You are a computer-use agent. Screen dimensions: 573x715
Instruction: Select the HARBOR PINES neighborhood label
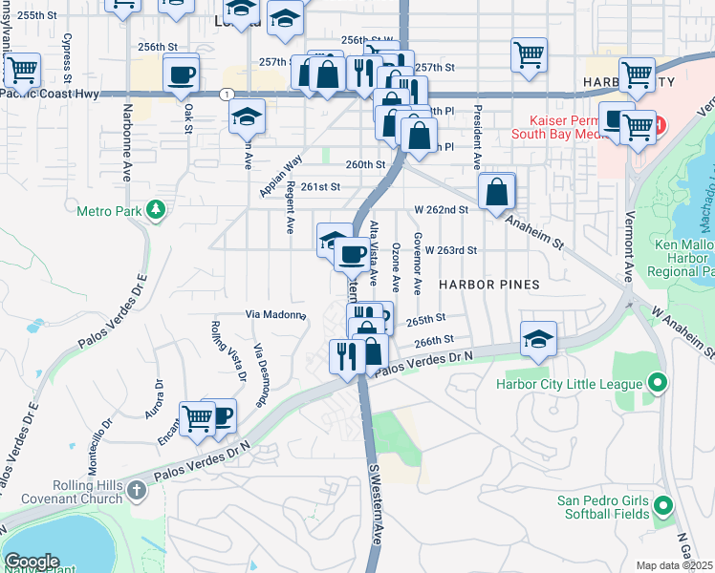click(489, 285)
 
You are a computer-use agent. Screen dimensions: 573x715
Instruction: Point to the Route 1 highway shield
click(226, 94)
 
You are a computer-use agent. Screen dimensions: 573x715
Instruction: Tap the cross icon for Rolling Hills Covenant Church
click(137, 491)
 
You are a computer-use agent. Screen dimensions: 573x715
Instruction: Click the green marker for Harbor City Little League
click(657, 384)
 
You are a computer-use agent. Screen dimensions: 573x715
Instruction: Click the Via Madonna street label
click(275, 314)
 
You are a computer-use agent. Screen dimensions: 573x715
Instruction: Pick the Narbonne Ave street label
click(126, 150)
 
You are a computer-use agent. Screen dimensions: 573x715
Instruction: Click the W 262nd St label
click(441, 209)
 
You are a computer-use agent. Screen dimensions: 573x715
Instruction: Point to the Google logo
click(32, 562)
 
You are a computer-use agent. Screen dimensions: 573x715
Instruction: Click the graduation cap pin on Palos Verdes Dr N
click(538, 339)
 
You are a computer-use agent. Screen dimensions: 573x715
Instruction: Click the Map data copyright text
click(674, 565)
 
